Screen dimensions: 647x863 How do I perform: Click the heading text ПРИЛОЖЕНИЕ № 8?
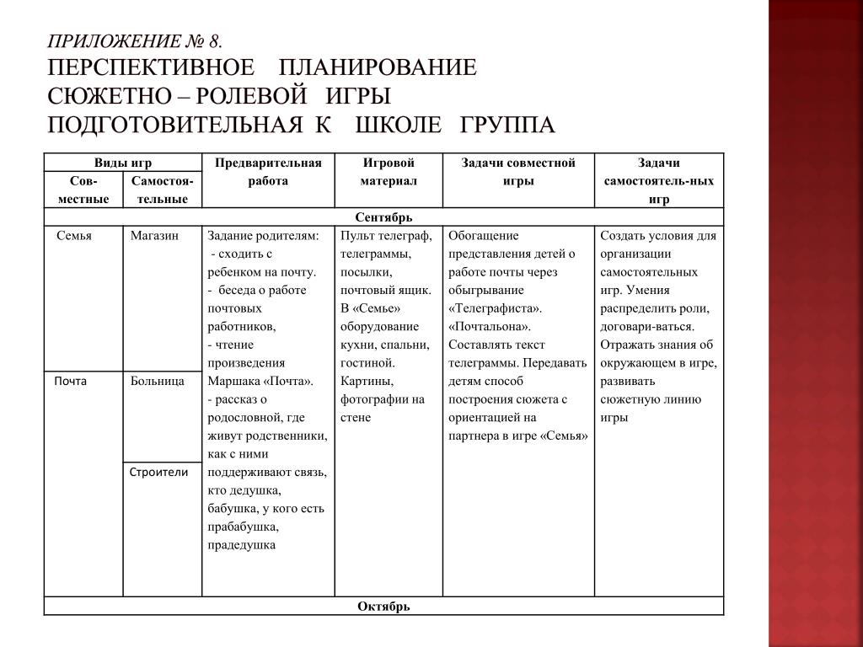[136, 42]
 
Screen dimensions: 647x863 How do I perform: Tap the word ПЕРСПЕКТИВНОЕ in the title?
[151, 68]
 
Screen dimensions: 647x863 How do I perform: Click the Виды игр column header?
[122, 163]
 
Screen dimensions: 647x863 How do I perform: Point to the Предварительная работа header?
[268, 171]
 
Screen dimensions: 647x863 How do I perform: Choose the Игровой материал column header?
[389, 171]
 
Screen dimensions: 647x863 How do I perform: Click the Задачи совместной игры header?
[517, 171]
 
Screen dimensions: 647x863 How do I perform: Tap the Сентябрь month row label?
[383, 217]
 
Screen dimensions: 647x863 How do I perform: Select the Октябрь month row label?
[383, 607]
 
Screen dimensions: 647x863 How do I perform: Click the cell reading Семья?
[74, 236]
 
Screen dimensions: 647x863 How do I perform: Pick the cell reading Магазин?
[154, 236]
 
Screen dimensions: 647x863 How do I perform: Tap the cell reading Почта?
[71, 381]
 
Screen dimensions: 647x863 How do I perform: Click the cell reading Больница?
[158, 381]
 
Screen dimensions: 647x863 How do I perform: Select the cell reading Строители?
[158, 472]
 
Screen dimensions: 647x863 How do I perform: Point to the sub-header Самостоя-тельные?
[163, 190]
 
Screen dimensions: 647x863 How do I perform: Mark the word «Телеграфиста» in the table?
[496, 307]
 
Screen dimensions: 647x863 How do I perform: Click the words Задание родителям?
[263, 236]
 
